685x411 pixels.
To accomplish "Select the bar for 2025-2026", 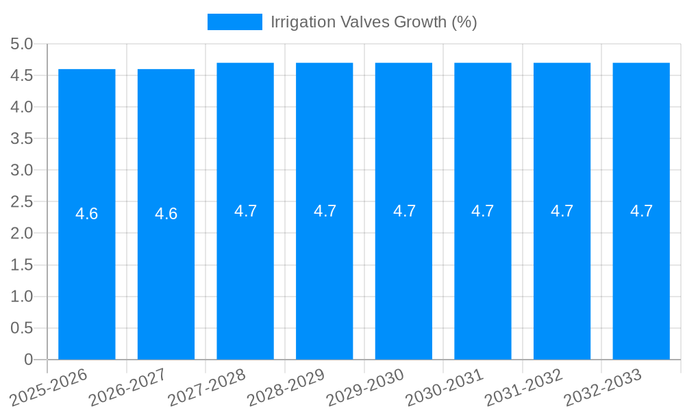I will (87, 274).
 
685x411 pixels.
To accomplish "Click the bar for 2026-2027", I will (166, 274).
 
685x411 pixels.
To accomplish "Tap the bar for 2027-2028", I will (245, 274).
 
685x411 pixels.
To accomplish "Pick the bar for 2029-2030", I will (403, 274).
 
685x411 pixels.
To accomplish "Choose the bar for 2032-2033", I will (641, 274).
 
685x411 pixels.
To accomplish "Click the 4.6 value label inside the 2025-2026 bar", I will (87, 214).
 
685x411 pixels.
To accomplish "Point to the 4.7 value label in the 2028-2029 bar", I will (325, 211).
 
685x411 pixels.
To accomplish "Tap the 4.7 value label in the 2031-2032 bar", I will (562, 211).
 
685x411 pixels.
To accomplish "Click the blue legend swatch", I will (235, 22).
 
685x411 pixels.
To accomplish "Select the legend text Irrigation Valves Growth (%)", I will (373, 22).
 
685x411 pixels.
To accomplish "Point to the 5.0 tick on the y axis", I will (22, 45).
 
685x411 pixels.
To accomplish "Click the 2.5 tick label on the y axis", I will (22, 202).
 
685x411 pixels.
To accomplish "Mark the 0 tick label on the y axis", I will (28, 360).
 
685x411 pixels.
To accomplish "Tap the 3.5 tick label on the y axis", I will (22, 139).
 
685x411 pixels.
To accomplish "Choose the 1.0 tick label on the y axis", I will (22, 297).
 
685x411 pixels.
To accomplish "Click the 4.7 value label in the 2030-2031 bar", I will (482, 211).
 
